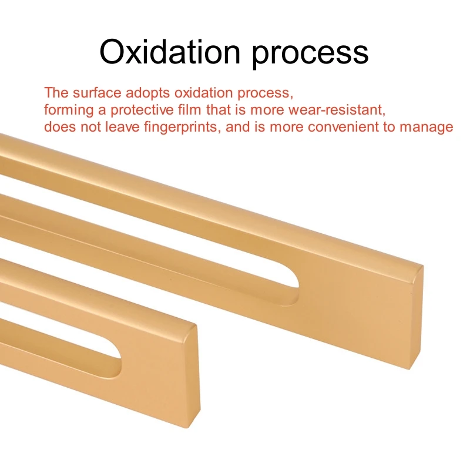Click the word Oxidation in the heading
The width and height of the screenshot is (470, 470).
pyautogui.click(x=170, y=52)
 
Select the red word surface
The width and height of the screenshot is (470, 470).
pyautogui.click(x=97, y=92)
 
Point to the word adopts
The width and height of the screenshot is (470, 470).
pyautogui.click(x=147, y=93)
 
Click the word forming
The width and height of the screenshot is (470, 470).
pyautogui.click(x=69, y=110)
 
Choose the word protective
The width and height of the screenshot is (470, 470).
pyautogui.click(x=142, y=110)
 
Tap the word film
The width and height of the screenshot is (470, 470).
pyautogui.click(x=189, y=109)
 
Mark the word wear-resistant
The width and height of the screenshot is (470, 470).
pyautogui.click(x=337, y=110)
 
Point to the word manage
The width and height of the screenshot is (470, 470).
pyautogui.click(x=427, y=127)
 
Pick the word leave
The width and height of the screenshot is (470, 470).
pyautogui.click(x=122, y=127)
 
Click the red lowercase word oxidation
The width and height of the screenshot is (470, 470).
pyautogui.click(x=203, y=93)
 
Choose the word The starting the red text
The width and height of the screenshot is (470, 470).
pyautogui.click(x=56, y=92)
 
